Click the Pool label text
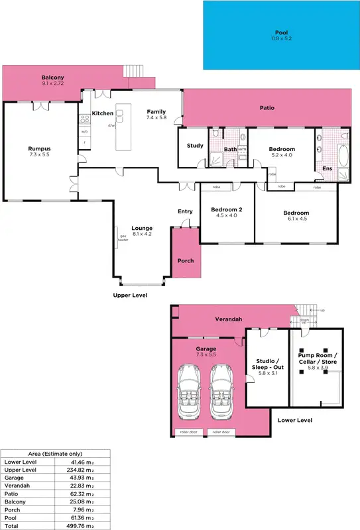click(282, 32)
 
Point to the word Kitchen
click(103, 113)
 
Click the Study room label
click(195, 146)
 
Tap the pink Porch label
click(186, 260)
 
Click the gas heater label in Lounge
click(123, 238)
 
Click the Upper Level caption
click(130, 295)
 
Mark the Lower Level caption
click(295, 420)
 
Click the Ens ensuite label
click(327, 169)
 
